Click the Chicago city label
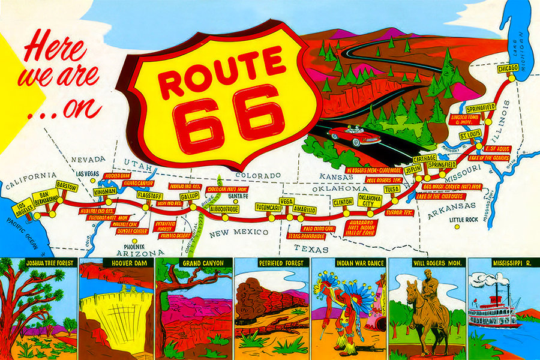[508, 69]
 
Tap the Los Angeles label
[23, 209]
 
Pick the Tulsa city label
[392, 189]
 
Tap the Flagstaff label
[148, 196]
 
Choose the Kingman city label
[106, 192]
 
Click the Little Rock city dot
[456, 227]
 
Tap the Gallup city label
[189, 196]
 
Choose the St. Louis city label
[470, 136]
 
